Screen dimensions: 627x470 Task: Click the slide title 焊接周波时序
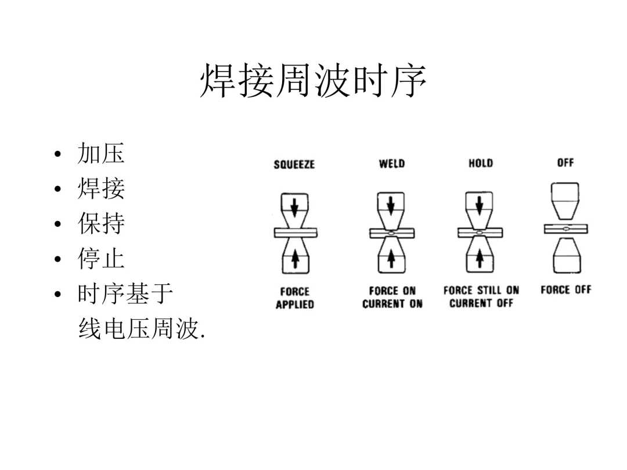tap(313, 82)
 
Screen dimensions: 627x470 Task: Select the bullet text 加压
tap(101, 154)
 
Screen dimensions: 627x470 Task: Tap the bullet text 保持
tap(101, 224)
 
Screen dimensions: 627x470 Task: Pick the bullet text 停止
tap(101, 259)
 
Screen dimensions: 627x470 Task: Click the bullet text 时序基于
tap(125, 294)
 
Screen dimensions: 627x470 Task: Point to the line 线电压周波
tap(141, 330)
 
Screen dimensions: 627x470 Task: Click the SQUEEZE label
tap(294, 165)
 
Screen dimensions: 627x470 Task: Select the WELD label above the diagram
tap(392, 164)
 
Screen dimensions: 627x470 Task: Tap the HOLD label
tap(481, 164)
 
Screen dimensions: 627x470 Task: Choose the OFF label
tap(565, 163)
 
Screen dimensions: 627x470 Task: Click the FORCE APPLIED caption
tap(294, 298)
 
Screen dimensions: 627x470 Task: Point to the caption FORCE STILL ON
tap(481, 291)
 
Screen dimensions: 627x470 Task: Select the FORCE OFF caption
tap(565, 290)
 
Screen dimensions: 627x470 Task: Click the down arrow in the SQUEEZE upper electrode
tap(294, 205)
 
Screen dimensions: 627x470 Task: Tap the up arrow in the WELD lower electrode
tap(391, 259)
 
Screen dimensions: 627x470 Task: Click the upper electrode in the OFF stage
tap(565, 199)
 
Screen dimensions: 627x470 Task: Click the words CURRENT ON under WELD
tap(392, 304)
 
